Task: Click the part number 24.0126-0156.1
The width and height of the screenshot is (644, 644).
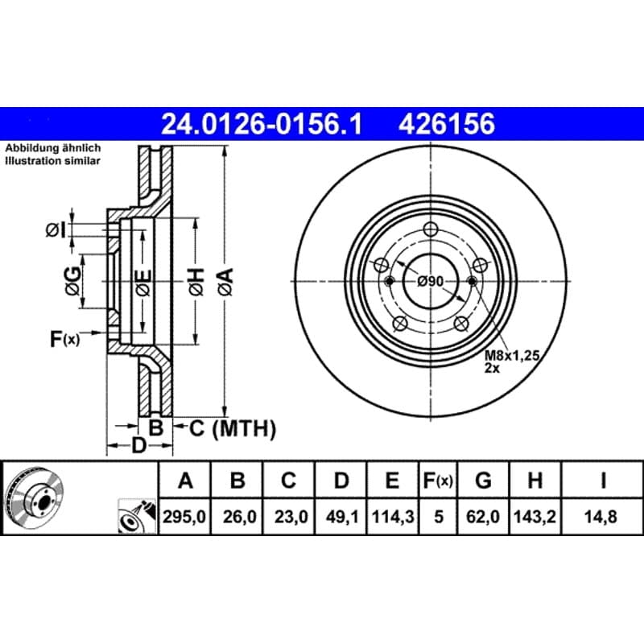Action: (x=262, y=124)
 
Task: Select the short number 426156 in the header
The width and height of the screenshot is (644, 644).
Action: (x=447, y=124)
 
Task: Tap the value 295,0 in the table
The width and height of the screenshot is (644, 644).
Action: (x=184, y=516)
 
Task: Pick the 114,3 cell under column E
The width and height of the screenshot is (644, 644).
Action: (x=393, y=516)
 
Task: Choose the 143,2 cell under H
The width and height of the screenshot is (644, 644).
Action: (x=535, y=516)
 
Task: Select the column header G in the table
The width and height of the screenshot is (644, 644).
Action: (x=483, y=480)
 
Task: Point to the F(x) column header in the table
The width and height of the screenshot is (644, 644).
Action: (x=438, y=480)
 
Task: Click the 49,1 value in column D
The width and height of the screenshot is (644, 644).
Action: (x=341, y=516)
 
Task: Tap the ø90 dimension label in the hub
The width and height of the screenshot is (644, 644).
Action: (x=430, y=282)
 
